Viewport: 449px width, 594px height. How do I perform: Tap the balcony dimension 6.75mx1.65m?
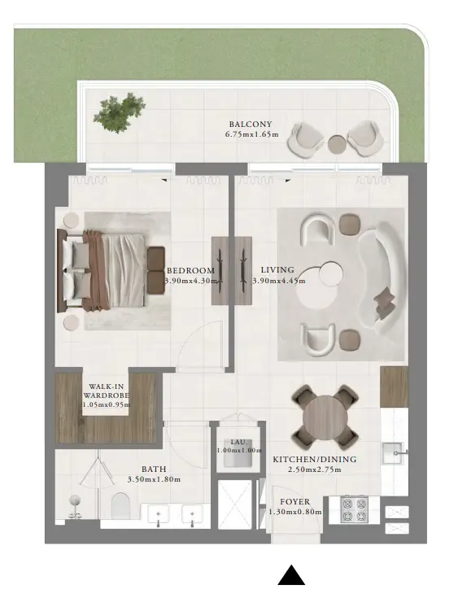[x=251, y=135]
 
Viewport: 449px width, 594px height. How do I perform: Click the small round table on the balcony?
[x=338, y=144]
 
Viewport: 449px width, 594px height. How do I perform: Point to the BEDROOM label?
[x=190, y=271]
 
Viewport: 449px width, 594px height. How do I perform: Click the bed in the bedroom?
[x=102, y=269]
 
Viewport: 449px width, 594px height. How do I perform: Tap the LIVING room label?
[x=277, y=270]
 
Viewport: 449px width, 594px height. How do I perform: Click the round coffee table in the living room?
[x=332, y=274]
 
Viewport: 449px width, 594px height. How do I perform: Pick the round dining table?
[x=325, y=416]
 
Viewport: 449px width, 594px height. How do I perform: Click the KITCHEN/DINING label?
[x=314, y=459]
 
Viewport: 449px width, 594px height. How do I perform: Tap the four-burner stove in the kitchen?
[x=355, y=509]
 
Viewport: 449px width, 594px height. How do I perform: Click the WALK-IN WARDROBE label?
[x=106, y=393]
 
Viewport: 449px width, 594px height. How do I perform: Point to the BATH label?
[x=155, y=470]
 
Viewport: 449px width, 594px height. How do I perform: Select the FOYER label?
[x=294, y=502]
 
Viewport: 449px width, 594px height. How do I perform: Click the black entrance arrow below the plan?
[x=291, y=574]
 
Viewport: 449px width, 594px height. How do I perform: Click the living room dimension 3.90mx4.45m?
[x=278, y=281]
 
